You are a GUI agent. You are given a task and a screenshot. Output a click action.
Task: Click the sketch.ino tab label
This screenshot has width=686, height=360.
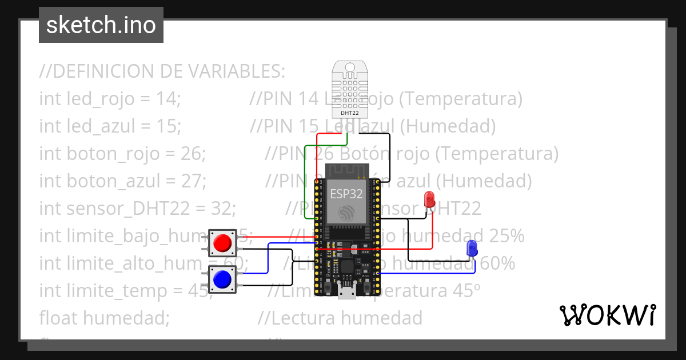point(101,25)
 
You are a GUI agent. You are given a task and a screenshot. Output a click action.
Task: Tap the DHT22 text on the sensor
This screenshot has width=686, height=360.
point(349,113)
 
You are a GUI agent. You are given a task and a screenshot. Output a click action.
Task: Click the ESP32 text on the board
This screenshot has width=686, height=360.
point(346,193)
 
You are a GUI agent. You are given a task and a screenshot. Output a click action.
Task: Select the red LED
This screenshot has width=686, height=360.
point(429,200)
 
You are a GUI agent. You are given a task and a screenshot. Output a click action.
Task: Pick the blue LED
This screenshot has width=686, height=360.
point(472,248)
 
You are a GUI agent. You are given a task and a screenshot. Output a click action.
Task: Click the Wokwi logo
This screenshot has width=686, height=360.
point(607,315)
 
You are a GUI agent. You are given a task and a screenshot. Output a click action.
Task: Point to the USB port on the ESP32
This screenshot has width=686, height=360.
point(346,291)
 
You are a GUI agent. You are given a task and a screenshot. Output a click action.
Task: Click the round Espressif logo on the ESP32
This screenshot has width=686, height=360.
point(346,213)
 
